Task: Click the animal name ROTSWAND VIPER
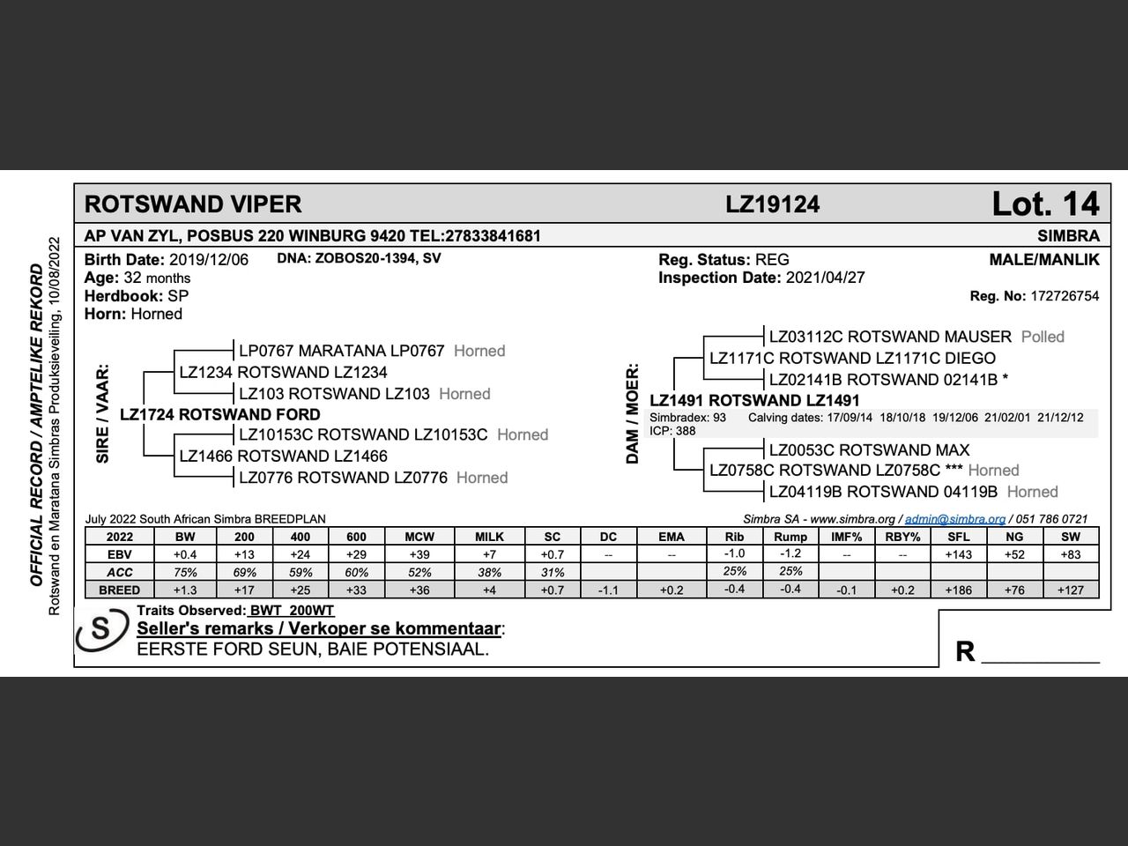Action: [x=193, y=204]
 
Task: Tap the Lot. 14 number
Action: [x=1045, y=204]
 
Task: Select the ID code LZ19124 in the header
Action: [x=773, y=205]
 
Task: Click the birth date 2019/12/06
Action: [x=209, y=260]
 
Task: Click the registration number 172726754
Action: [x=1065, y=296]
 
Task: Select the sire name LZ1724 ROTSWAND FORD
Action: [x=220, y=414]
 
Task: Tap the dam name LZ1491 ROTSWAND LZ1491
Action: [x=754, y=401]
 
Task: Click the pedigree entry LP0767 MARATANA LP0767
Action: [x=341, y=351]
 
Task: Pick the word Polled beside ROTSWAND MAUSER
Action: [x=1043, y=337]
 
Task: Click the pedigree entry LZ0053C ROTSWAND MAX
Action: [x=869, y=449]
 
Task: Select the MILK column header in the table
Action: [x=489, y=537]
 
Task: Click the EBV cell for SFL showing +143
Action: [x=958, y=554]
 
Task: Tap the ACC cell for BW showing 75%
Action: [x=185, y=572]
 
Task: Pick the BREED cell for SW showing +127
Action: [x=1070, y=590]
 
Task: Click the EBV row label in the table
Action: [x=119, y=554]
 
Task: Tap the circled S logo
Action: [x=102, y=631]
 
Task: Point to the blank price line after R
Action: [x=1040, y=656]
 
